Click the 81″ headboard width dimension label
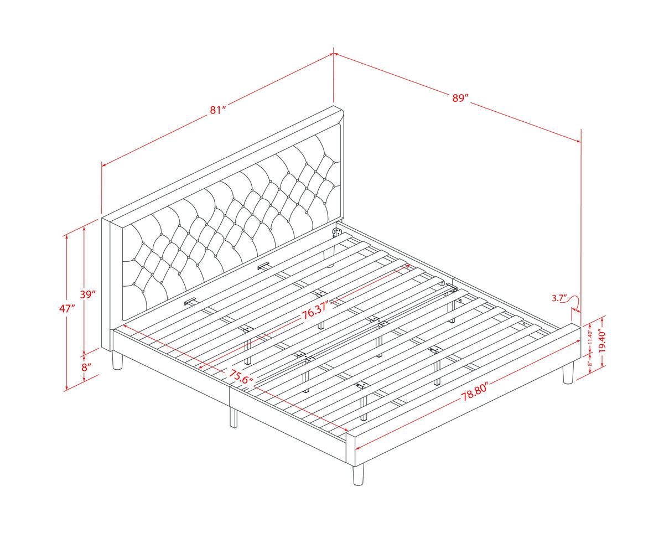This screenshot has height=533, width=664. [218, 110]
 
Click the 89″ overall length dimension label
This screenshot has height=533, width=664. [460, 98]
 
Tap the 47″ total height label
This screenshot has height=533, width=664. [68, 308]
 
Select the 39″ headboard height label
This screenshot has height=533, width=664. [88, 294]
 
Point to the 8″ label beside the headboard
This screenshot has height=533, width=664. [87, 368]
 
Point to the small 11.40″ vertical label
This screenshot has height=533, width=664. [590, 337]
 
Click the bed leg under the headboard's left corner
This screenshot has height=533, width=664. [117, 360]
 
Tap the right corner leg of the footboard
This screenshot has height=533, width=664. [568, 374]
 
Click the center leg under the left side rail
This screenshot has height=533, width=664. [234, 418]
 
